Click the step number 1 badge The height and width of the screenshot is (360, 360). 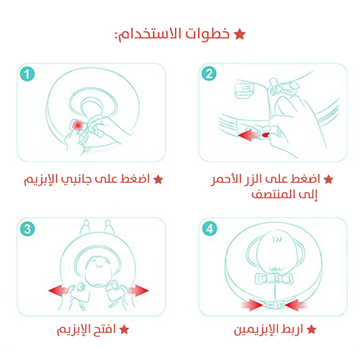coord(27,74)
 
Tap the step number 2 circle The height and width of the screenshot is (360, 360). coord(209,73)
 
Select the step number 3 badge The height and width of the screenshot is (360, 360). coord(27,228)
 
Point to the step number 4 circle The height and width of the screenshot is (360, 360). coord(210,228)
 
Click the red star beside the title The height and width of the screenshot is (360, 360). coord(240,35)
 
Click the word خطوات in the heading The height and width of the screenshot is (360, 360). coord(207,34)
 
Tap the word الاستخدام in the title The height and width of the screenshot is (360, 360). coord(148,35)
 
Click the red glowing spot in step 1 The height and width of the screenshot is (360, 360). coord(77,125)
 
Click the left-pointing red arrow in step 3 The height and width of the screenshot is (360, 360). coord(59,290)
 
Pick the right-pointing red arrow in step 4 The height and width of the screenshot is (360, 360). coord(252,305)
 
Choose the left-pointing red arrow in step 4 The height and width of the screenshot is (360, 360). coord(295,305)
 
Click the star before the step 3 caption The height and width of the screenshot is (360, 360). coord(125,330)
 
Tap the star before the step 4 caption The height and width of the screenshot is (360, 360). coord(311,330)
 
